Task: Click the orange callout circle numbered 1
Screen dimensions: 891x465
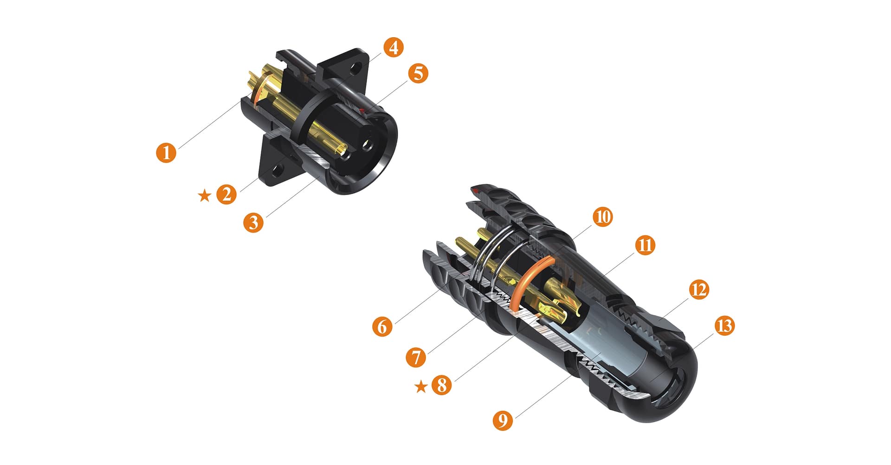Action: (x=166, y=152)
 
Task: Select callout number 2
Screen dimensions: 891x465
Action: (x=226, y=194)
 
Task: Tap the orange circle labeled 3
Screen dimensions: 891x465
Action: (x=253, y=222)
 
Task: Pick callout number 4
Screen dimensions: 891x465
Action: (x=393, y=47)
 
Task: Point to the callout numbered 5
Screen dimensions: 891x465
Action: (x=418, y=73)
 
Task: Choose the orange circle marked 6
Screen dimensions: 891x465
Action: (x=382, y=326)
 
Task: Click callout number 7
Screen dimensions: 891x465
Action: (x=416, y=357)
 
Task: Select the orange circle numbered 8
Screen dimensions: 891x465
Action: (x=442, y=385)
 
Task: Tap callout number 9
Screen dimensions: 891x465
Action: (x=503, y=420)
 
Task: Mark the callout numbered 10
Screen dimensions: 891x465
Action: (x=602, y=216)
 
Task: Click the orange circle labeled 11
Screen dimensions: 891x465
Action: (x=645, y=245)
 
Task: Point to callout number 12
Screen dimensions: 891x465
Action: (x=699, y=289)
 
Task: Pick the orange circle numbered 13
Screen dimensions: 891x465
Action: (x=724, y=326)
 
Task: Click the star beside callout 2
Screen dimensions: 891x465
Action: (x=204, y=196)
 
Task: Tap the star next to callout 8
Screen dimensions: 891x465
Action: (x=420, y=386)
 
